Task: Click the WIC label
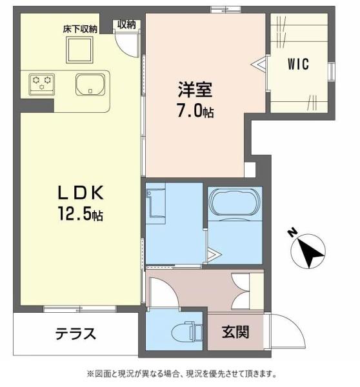[297, 64]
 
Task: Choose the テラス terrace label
[75, 333]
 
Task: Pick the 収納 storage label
[126, 25]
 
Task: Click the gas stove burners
[42, 82]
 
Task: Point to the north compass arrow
[310, 251]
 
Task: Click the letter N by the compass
[292, 233]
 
